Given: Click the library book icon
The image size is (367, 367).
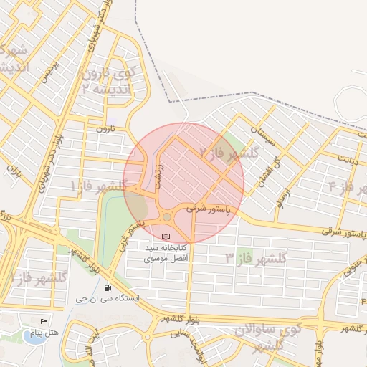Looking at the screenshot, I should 167,236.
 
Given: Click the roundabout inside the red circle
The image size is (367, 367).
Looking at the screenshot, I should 167,216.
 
